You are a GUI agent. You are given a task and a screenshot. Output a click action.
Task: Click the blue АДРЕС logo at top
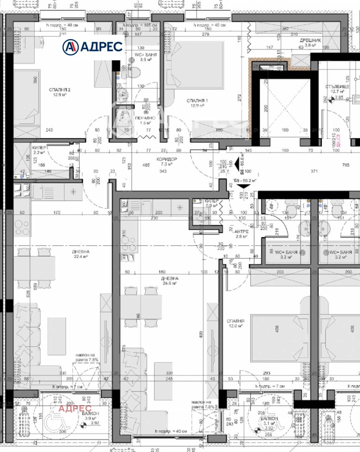coord(92,46)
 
